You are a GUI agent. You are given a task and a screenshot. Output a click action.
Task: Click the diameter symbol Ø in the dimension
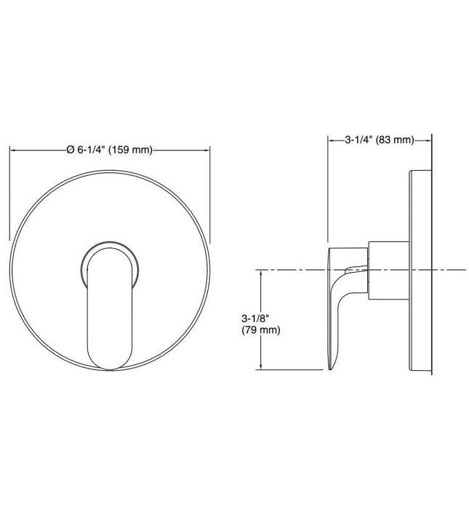70,150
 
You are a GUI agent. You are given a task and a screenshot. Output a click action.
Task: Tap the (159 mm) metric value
131,150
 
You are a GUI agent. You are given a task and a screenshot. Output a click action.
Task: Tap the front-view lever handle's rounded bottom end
109,360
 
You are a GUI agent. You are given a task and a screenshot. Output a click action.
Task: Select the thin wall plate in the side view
422,273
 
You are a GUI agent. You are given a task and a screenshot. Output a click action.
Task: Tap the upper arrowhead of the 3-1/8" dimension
260,273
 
